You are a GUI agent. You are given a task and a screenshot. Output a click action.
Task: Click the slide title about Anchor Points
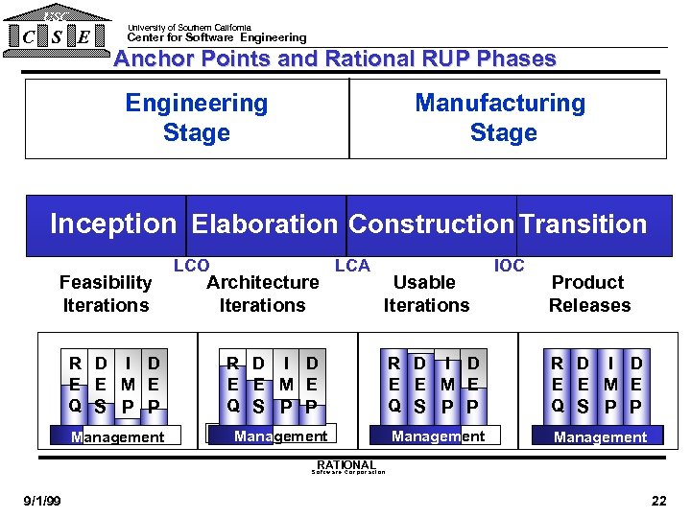[335, 59]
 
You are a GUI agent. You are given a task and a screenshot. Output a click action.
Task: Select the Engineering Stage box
[196, 117]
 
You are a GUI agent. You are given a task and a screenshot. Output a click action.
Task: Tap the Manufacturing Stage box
[501, 117]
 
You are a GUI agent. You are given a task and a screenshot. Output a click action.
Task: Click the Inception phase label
[113, 224]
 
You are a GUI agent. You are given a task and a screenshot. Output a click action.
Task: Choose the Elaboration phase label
[264, 224]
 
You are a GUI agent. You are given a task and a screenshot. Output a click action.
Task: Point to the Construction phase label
[431, 224]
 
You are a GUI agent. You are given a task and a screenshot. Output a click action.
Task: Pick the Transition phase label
[584, 224]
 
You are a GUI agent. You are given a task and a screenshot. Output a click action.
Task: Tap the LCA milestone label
[352, 266]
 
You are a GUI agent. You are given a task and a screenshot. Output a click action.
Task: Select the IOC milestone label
[509, 266]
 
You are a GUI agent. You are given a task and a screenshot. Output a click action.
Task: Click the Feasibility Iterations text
[106, 294]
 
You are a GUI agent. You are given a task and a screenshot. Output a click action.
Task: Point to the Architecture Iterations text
[262, 294]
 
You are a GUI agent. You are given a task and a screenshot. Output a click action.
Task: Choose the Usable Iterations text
[426, 294]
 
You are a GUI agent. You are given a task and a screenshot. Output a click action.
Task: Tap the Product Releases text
[588, 294]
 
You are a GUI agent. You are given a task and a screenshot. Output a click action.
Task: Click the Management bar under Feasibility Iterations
[118, 437]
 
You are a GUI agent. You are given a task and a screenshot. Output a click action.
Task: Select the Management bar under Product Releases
[600, 437]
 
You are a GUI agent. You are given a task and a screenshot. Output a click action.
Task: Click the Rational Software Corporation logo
[346, 467]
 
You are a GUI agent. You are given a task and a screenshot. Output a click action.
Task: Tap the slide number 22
[657, 501]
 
